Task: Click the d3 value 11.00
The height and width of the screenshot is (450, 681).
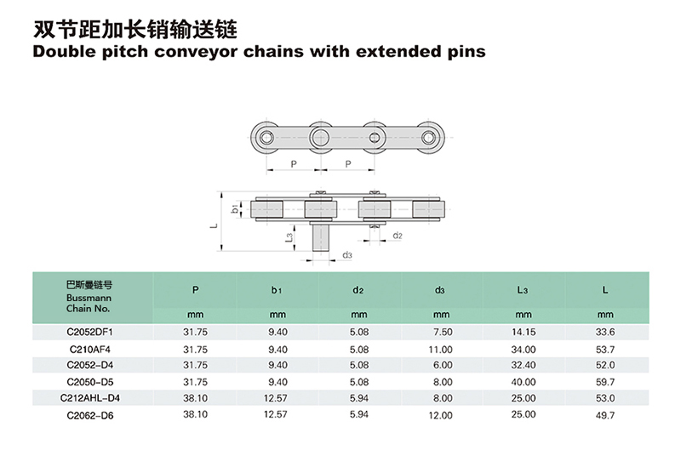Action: tap(439, 348)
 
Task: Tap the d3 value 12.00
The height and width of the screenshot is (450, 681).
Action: tap(439, 415)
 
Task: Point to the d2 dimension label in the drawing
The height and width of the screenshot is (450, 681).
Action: tap(398, 235)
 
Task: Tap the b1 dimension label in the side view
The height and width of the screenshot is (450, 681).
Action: tap(235, 208)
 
